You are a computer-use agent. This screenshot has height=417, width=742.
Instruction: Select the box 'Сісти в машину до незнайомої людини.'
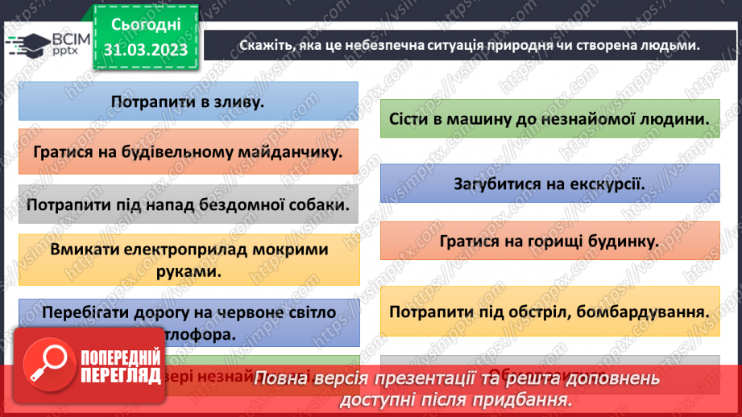click(x=549, y=118)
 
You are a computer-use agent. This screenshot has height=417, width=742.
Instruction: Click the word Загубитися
click(x=494, y=183)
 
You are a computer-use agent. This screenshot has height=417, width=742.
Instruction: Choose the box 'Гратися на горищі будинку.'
click(x=549, y=241)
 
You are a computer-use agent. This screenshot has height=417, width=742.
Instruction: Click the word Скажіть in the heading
click(x=264, y=46)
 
